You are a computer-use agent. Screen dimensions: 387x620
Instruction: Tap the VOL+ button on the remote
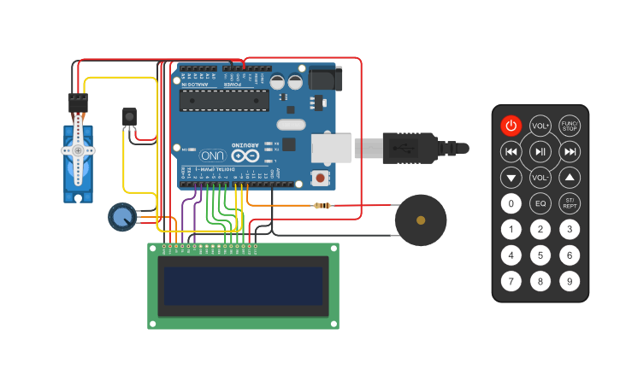click(540, 126)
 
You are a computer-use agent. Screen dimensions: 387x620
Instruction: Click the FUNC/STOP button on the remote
click(570, 126)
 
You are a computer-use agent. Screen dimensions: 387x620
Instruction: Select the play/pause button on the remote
click(540, 152)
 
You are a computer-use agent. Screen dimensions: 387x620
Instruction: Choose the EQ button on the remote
click(540, 203)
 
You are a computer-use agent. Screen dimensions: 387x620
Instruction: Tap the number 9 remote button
click(570, 281)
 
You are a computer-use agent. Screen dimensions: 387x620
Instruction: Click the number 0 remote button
click(511, 203)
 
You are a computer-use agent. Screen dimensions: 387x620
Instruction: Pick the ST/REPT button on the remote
click(570, 203)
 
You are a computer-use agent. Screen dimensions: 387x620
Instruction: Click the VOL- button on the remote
click(540, 178)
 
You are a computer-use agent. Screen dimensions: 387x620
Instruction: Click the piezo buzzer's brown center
click(420, 220)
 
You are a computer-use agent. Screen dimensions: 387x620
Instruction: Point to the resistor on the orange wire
click(322, 205)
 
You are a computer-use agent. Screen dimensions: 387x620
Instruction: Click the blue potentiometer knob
click(122, 217)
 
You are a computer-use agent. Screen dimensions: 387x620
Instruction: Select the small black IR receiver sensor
click(129, 116)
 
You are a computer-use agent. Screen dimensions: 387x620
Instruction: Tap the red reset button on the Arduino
click(321, 179)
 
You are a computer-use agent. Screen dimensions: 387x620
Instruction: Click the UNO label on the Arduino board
click(213, 155)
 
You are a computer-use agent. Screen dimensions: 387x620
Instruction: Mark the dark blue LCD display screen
click(244, 285)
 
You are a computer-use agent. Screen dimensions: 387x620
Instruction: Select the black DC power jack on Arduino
click(325, 79)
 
